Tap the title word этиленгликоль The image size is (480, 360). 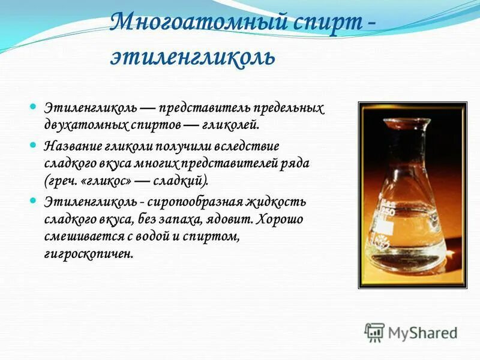click(x=193, y=57)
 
